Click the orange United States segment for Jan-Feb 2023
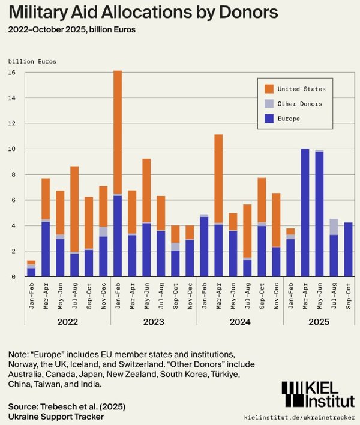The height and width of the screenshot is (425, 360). tap(118, 132)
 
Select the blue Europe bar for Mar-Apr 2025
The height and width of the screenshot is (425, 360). tap(305, 212)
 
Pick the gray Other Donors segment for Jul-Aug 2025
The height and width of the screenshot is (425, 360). tap(334, 227)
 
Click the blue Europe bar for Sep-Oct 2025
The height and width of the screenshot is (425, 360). tap(348, 249)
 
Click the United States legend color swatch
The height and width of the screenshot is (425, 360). tap(269, 89)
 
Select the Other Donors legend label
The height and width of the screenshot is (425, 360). tap(300, 104)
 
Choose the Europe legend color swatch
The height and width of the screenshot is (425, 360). tap(269, 119)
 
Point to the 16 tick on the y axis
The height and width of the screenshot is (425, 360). tap(12, 73)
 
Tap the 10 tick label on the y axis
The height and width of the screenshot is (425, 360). tap(12, 149)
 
